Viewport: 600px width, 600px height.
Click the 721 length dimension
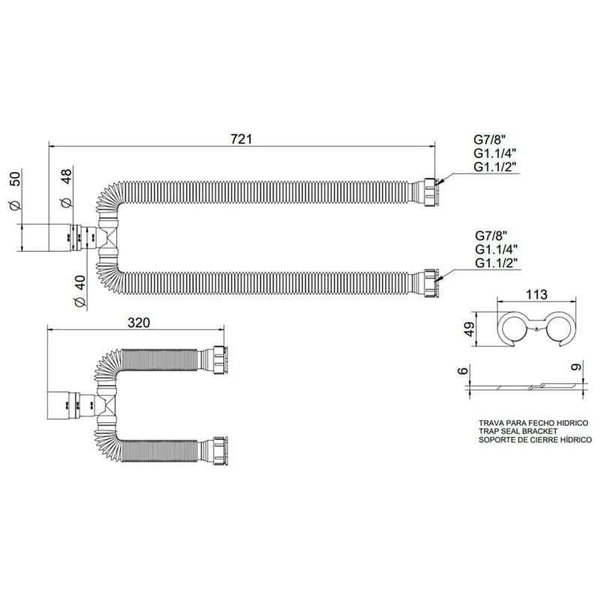tap(241, 139)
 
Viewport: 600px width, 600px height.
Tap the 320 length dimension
tap(139, 322)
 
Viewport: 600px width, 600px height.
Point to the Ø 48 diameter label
tap(66, 188)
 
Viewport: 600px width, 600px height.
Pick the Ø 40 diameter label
tap(79, 291)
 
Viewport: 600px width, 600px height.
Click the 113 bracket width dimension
tap(536, 294)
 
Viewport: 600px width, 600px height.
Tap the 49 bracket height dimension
tap(469, 328)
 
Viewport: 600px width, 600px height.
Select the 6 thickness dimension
tap(463, 370)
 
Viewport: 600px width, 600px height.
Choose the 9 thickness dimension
tap(576, 367)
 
